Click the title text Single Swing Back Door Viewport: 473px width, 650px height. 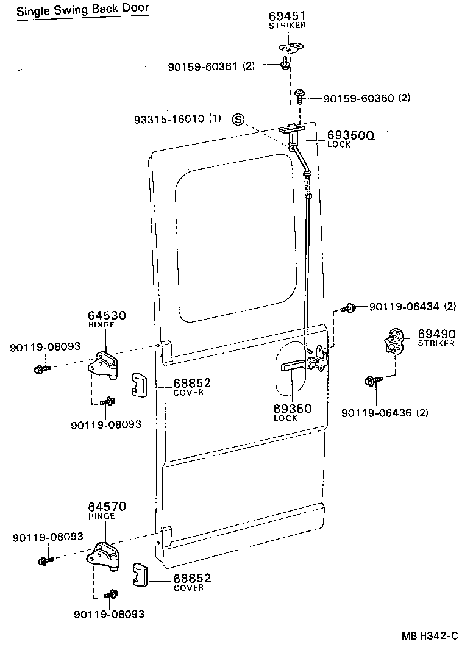click(x=82, y=10)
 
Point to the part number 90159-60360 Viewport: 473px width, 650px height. click(x=358, y=98)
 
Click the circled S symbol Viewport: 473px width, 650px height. click(x=238, y=119)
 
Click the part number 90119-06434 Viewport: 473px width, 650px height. click(x=405, y=306)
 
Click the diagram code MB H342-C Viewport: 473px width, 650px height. click(x=429, y=636)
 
